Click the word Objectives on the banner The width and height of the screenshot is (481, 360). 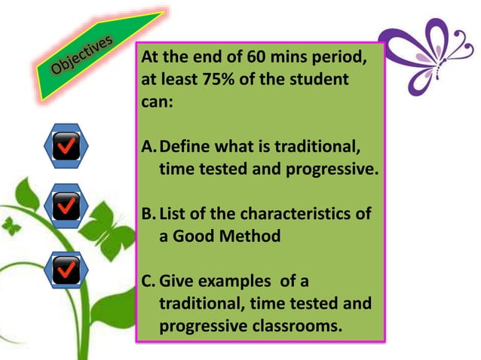point(83,58)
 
